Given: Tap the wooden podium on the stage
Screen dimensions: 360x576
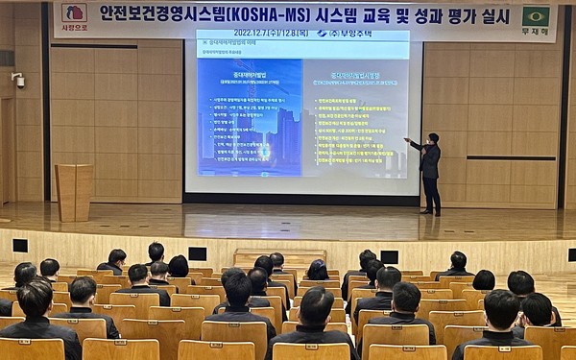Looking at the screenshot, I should pyautogui.click(x=74, y=191).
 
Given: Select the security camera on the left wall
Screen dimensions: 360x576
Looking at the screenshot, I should pyautogui.click(x=18, y=81).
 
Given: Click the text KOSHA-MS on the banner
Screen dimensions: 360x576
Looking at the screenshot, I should pyautogui.click(x=252, y=16).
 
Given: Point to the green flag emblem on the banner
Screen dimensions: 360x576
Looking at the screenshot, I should pyautogui.click(x=536, y=15).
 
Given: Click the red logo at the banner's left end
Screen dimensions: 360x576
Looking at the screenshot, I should pyautogui.click(x=75, y=12).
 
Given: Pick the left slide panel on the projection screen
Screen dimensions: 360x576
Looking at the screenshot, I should pyautogui.click(x=250, y=117).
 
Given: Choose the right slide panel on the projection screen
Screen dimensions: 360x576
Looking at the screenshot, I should pyautogui.click(x=355, y=117).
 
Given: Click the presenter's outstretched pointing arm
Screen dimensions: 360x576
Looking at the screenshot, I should pyautogui.click(x=415, y=145).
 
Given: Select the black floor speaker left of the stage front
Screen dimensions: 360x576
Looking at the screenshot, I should pyautogui.click(x=20, y=246).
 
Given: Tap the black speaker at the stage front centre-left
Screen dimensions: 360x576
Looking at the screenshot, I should pyautogui.click(x=197, y=253).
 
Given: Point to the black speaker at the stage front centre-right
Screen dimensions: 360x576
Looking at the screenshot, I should pyautogui.click(x=389, y=256).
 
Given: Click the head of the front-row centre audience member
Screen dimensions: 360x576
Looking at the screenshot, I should pyautogui.click(x=316, y=306).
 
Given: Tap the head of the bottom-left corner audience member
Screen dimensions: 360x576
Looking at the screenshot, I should pyautogui.click(x=36, y=299).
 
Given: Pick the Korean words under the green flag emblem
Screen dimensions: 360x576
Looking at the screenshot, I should pyautogui.click(x=536, y=32).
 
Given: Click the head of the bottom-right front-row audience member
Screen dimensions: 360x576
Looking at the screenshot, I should pyautogui.click(x=500, y=309).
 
